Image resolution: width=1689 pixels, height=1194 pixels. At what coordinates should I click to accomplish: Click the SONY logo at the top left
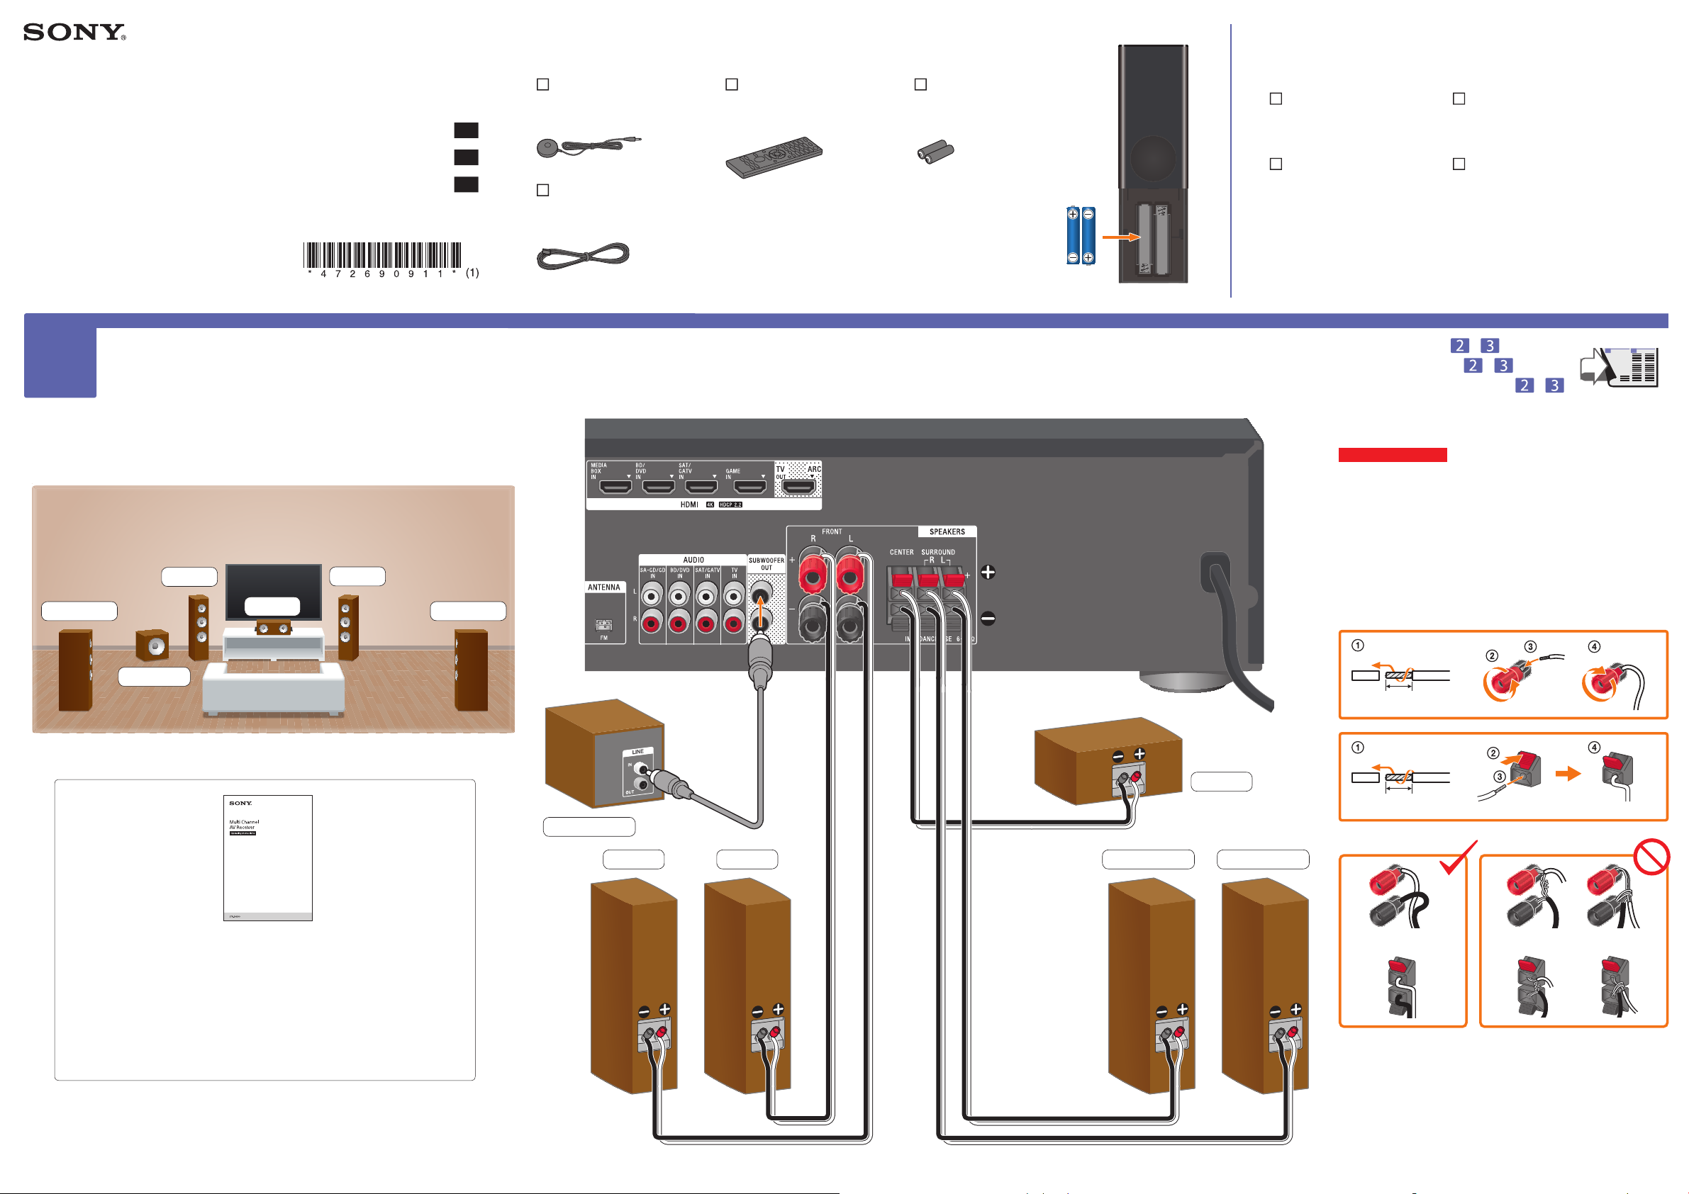(x=74, y=33)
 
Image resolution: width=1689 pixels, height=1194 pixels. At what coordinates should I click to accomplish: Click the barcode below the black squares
(x=381, y=255)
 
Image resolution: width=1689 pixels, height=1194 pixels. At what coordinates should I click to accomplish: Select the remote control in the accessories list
(x=774, y=156)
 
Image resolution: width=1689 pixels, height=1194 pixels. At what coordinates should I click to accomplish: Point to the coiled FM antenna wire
(x=583, y=255)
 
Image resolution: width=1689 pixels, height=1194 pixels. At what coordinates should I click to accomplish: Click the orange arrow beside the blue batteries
(x=1120, y=237)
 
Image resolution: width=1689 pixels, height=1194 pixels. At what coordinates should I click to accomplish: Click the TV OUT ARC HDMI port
(x=798, y=486)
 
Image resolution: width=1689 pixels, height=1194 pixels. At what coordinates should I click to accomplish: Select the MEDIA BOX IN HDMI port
(x=615, y=486)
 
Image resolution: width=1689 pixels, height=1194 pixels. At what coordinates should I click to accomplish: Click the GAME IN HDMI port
(x=750, y=486)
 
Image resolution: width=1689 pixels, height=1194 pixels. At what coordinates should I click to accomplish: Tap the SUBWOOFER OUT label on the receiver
(x=766, y=564)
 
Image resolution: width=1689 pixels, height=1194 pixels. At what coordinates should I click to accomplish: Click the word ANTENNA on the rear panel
(x=604, y=587)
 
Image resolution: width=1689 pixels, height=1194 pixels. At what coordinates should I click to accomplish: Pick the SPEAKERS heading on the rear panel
(x=947, y=531)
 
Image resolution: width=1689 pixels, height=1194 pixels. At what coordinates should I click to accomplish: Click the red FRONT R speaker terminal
(x=812, y=573)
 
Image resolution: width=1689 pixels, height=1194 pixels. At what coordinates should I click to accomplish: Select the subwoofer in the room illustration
(x=152, y=645)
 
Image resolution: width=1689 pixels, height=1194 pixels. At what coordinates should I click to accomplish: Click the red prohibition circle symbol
(x=1651, y=857)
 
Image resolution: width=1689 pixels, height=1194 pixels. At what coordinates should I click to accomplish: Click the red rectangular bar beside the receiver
(x=1392, y=455)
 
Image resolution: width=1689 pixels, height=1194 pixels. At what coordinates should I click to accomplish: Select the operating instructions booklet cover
(x=268, y=857)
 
